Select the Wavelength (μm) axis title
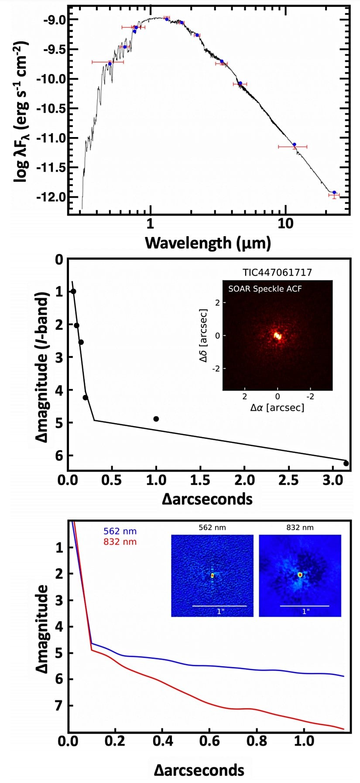tap(208, 242)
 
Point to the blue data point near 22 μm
tap(334, 192)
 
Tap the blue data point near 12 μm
tap(294, 144)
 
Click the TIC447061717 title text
tap(277, 273)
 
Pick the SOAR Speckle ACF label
tap(265, 288)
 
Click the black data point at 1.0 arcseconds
tap(156, 419)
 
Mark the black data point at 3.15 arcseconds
tap(346, 464)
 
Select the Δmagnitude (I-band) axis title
tap(42, 367)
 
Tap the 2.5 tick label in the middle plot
tap(289, 481)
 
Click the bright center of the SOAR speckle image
tap(277, 336)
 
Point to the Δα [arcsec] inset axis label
tap(277, 408)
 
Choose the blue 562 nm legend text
tap(120, 531)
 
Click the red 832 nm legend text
tap(120, 542)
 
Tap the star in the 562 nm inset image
tap(213, 576)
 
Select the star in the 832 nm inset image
tap(300, 575)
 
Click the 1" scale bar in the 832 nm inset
tap(305, 606)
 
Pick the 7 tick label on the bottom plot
tap(59, 706)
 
